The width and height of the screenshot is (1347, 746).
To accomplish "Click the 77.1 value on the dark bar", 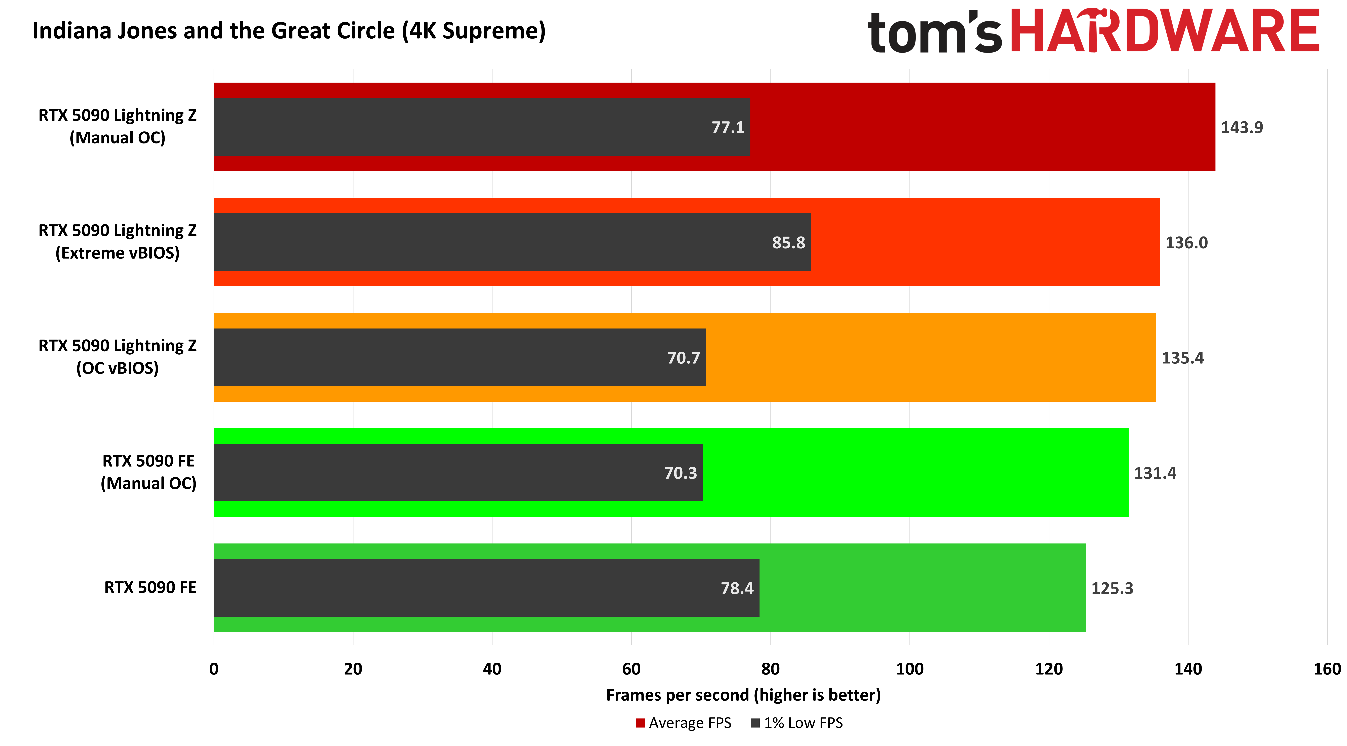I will tap(727, 128).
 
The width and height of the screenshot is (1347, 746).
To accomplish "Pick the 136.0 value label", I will tap(1186, 243).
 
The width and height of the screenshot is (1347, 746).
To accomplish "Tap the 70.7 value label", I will tap(683, 358).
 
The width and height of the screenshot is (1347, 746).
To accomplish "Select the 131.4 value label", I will tap(1155, 473).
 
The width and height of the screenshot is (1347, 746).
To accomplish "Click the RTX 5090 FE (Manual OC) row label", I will tap(148, 472).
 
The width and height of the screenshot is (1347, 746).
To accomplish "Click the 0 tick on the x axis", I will tap(214, 669).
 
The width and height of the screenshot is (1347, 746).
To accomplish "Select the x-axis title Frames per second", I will tap(743, 695).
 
